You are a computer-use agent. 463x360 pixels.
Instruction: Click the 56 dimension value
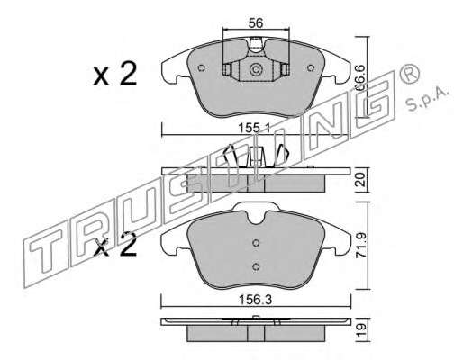point(256,23)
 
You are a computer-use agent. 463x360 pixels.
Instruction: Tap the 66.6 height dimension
point(360,78)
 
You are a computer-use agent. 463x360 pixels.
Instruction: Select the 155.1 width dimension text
point(254,129)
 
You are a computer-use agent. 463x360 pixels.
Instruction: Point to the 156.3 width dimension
point(255,300)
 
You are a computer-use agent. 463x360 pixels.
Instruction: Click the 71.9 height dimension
point(361,246)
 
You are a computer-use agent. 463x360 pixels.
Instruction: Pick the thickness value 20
point(361,179)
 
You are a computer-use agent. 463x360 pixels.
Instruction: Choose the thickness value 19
point(361,330)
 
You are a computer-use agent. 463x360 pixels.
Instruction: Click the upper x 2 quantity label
point(114,74)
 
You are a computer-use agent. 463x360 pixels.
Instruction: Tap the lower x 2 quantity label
point(115,245)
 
